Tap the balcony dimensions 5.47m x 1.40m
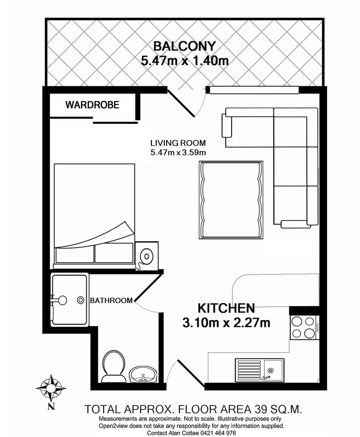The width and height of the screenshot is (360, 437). (x=185, y=61)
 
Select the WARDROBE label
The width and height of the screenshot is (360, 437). (x=92, y=105)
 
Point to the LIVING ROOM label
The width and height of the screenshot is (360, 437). (x=178, y=143)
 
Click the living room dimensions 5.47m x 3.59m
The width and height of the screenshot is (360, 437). (x=178, y=153)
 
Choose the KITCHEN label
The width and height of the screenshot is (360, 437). (x=226, y=308)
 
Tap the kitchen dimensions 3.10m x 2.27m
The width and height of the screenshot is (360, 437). (x=226, y=323)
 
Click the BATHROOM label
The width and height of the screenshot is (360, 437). (x=111, y=300)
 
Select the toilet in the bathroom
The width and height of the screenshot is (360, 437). (x=112, y=366)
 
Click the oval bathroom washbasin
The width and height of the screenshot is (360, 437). (x=143, y=374)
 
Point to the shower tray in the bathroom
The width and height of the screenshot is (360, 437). (x=70, y=299)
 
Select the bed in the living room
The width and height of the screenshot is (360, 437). (x=94, y=214)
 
